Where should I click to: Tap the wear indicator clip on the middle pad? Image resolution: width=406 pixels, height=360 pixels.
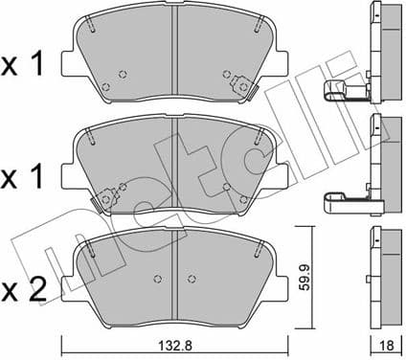pyautogui.click(x=101, y=199)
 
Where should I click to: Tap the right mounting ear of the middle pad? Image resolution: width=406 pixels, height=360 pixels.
pyautogui.click(x=281, y=176)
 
